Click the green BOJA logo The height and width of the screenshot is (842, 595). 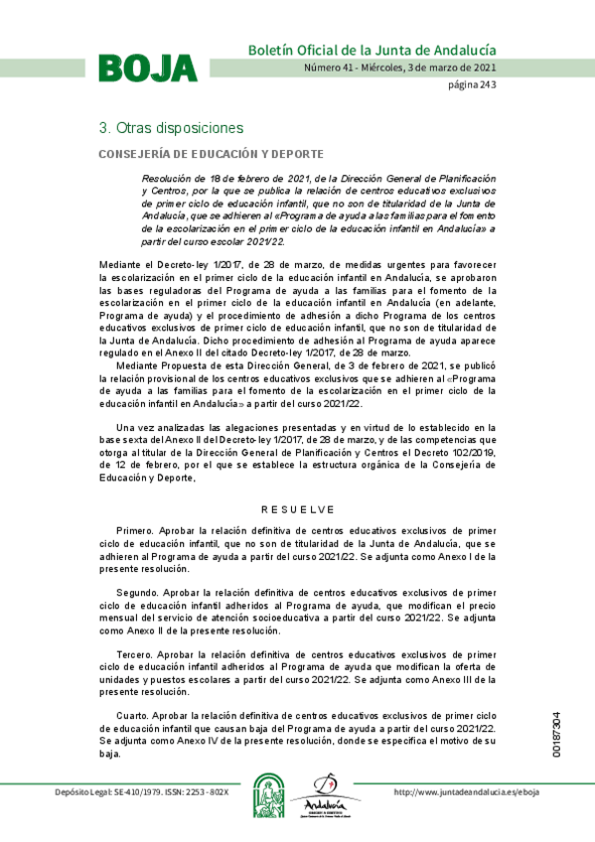pos(147,67)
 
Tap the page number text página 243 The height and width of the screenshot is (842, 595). pos(471,84)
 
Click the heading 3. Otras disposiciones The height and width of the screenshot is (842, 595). pos(170,129)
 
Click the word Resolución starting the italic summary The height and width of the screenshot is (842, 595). pos(167,178)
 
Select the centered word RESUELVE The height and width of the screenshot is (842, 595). pos(298,509)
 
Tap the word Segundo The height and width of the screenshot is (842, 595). pos(137,593)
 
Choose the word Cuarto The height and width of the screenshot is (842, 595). pos(133,715)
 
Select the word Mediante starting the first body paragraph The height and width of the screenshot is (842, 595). pos(122,265)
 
